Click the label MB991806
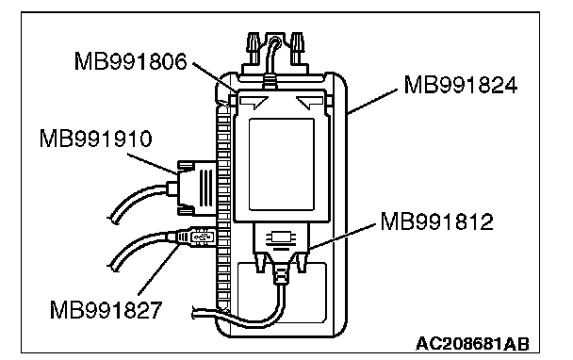coord(130,61)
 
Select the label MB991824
coord(461,85)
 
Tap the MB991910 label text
coord(95,139)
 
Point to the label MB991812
coord(436,221)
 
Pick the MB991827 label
coord(106,310)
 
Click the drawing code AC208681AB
coord(472,344)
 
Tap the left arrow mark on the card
coord(254,102)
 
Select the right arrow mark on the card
coord(309,102)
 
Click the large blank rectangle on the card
coord(282,164)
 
